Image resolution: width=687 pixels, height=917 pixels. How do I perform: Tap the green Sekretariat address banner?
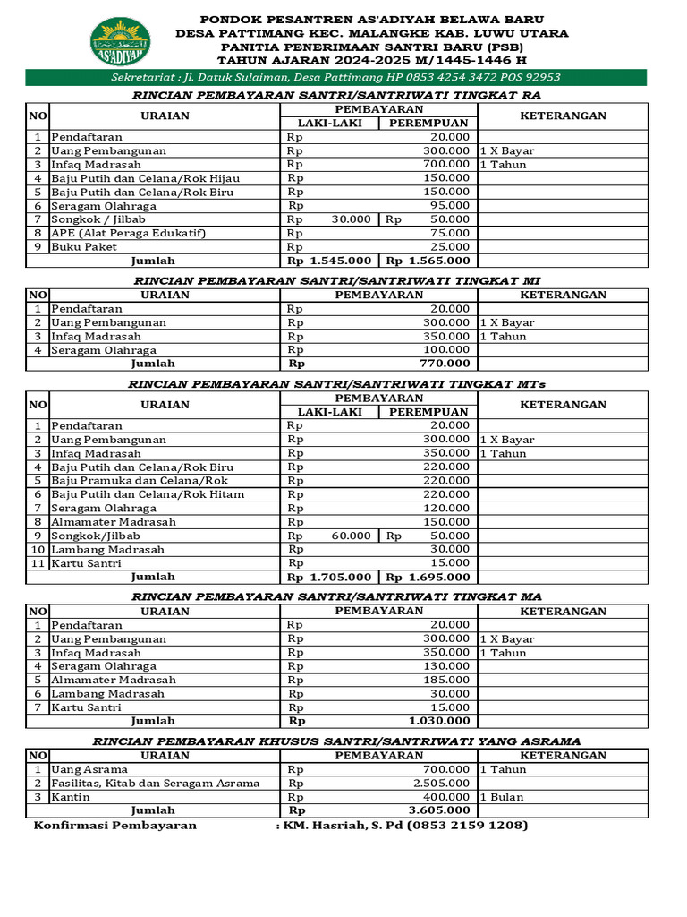[x=335, y=78]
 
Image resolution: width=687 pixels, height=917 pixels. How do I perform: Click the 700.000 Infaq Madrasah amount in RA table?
[x=446, y=165]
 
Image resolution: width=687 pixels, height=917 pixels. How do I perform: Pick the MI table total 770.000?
[x=445, y=364]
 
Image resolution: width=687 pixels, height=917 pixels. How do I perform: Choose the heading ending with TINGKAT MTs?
[x=337, y=384]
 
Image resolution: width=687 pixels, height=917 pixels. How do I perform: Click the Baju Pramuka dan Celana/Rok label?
[x=140, y=481]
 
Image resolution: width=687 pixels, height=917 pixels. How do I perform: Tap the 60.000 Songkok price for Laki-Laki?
[x=352, y=536]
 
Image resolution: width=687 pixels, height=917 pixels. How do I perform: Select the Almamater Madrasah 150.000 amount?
[x=446, y=522]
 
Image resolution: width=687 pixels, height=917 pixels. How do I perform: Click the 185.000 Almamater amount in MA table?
[x=446, y=680]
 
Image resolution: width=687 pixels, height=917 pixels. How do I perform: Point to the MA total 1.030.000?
[x=438, y=720]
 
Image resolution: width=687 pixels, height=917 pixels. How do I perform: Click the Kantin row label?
[x=71, y=797]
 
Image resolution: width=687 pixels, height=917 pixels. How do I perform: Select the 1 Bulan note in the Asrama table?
[x=502, y=797]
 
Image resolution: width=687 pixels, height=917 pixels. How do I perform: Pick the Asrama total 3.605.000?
[x=438, y=810]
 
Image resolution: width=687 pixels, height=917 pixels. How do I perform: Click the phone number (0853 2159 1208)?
[x=467, y=826]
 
